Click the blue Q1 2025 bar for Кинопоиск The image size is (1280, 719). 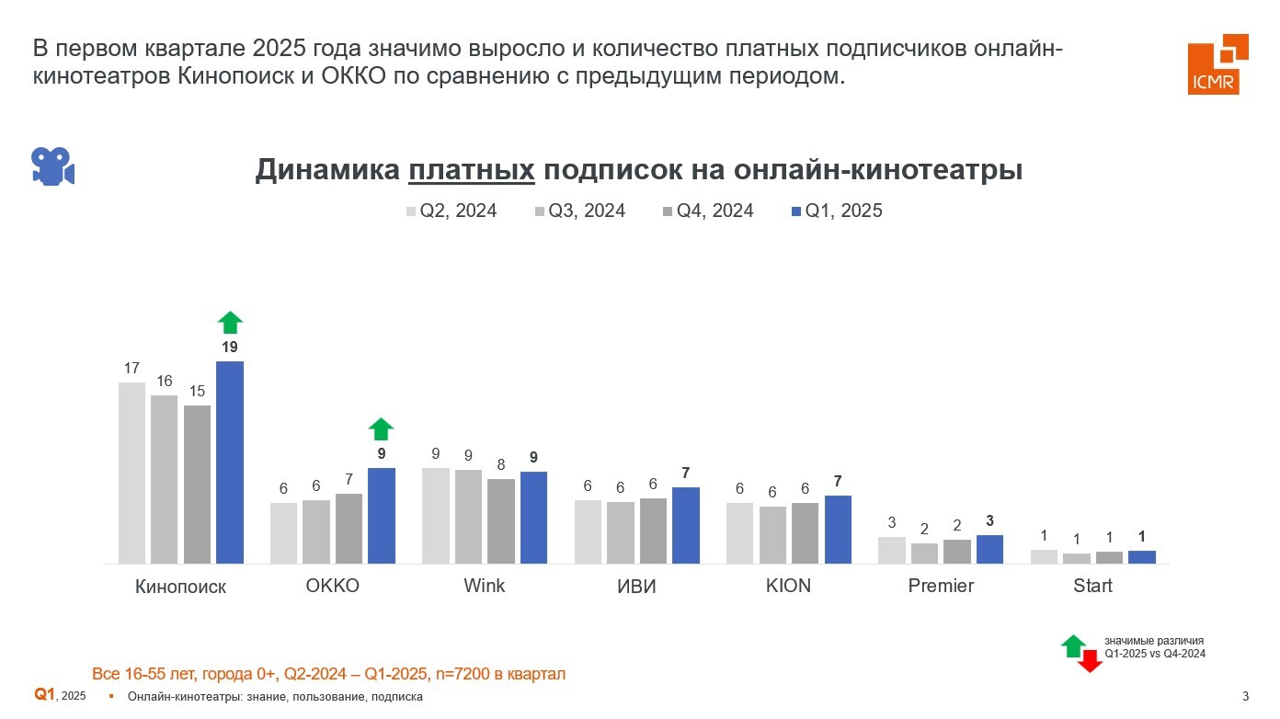(230, 462)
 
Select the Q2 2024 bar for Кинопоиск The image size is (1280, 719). (132, 472)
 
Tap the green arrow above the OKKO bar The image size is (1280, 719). (381, 428)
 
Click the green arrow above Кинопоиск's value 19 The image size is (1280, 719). (230, 322)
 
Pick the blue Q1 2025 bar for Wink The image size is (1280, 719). (534, 517)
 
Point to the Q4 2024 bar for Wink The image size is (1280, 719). (501, 520)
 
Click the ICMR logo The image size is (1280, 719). (1217, 64)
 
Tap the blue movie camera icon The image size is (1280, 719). (52, 166)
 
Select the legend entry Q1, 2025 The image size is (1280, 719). (836, 211)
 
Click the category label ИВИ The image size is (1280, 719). (637, 587)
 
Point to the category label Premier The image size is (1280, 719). (941, 586)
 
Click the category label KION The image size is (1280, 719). (788, 586)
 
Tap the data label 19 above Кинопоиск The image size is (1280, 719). (230, 348)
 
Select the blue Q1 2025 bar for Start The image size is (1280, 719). (1142, 556)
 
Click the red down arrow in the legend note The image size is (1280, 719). (1090, 661)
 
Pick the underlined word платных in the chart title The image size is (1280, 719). (472, 170)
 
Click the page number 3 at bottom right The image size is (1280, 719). (1245, 696)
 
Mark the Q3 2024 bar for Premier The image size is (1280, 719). (925, 553)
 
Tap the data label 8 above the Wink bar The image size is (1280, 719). (501, 465)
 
